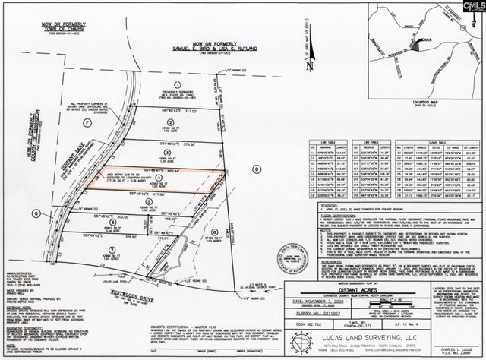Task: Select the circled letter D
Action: tap(256, 167)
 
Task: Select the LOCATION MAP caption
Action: tap(406, 99)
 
